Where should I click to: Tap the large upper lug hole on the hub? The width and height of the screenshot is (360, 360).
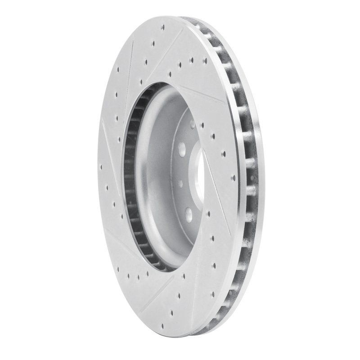[183, 148]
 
